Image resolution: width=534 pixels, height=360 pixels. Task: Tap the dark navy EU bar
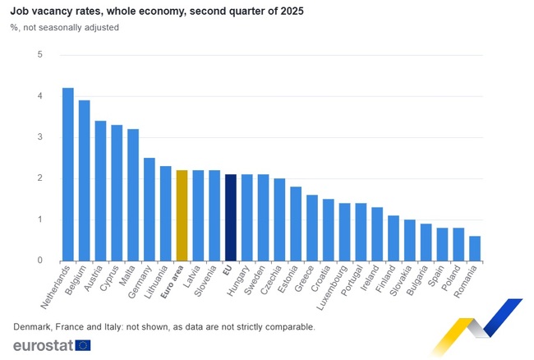pos(231,217)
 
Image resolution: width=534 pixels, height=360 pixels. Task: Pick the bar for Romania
pos(475,248)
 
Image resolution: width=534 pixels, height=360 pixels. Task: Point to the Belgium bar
pos(85,180)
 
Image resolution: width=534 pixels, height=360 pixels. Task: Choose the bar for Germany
pos(150,209)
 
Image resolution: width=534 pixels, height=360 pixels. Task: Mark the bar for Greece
pos(312,228)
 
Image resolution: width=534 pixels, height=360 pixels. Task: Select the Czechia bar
pos(279,219)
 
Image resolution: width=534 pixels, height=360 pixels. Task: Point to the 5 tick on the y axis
pos(39,55)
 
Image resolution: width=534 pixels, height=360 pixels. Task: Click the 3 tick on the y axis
pos(39,137)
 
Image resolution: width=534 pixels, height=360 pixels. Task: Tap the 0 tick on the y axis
pos(39,261)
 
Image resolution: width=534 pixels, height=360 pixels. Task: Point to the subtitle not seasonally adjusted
pos(69,27)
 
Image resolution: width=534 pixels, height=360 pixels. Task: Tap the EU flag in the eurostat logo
pos(83,345)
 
